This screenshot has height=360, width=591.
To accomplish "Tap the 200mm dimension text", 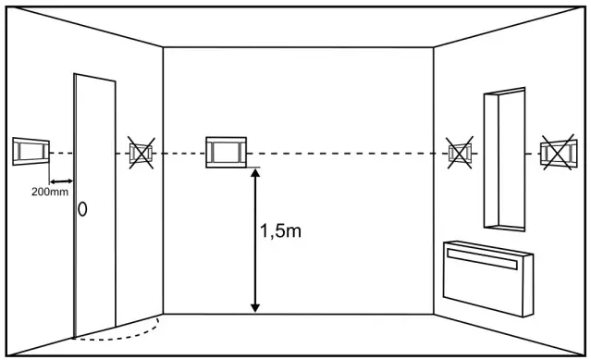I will coord(48,192).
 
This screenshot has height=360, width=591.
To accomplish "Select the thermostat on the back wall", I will coord(226,151).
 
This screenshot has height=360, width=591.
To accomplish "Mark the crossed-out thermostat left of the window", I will coord(459,152).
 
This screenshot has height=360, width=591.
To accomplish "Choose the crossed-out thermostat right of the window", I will coord(558,151).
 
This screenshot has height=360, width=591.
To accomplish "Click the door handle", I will coord(82,209).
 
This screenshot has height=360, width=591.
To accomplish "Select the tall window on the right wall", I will coord(504,159).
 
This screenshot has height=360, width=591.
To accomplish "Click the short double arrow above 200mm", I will coord(61,180).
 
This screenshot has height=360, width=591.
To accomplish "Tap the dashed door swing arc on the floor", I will coord(129,332).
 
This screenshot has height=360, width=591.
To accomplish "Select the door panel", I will coord(95,204).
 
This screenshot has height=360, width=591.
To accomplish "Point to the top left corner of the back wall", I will coord(164,45).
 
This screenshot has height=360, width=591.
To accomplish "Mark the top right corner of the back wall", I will coord(434,45).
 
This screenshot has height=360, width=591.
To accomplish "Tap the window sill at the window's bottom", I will coord(504,226).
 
